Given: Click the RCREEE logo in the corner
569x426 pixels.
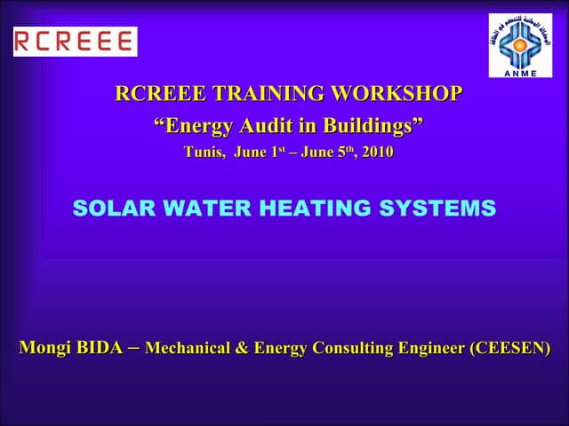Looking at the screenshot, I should click(75, 41).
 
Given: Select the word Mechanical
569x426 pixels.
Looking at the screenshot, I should click(185, 348).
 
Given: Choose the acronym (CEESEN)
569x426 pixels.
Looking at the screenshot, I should click(509, 348).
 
